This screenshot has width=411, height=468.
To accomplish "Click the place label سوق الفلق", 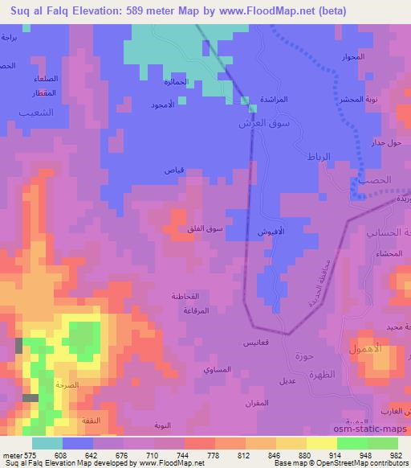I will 205,230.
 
